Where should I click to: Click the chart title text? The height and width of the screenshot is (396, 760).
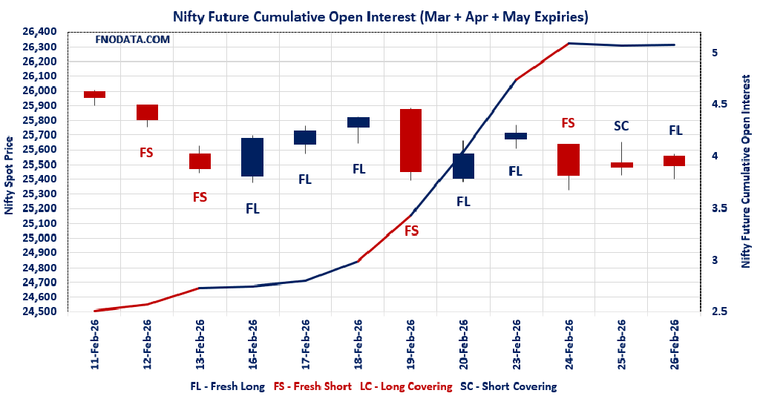[381, 16]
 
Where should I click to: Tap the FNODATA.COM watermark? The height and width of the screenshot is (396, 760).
[133, 39]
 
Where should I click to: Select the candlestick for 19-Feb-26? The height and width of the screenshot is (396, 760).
[411, 141]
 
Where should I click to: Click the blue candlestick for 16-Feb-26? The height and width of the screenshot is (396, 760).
[252, 156]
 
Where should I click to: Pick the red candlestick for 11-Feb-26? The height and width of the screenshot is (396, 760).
[94, 94]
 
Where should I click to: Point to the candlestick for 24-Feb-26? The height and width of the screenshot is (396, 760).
[569, 159]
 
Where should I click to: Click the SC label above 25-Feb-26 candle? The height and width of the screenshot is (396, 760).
[621, 126]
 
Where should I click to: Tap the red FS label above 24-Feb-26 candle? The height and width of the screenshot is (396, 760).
[569, 123]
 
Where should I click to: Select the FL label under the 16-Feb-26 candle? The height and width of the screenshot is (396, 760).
[252, 208]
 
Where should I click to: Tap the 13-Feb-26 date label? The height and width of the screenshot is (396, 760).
[200, 345]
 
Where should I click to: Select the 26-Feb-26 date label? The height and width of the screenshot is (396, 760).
[675, 345]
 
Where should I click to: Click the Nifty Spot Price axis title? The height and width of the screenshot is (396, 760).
[9, 175]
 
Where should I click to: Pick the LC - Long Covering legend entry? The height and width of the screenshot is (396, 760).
[406, 386]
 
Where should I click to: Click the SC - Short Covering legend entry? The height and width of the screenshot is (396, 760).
[508, 386]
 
